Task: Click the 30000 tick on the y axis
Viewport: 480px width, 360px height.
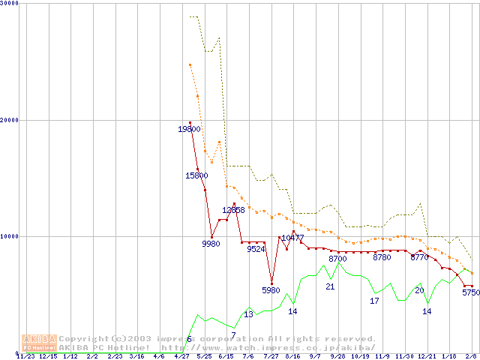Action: [x=10, y=4]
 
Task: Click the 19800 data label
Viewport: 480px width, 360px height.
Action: [x=189, y=130]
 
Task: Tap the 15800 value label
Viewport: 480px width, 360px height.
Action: [x=196, y=175]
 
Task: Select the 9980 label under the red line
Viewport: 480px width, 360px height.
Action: [x=211, y=244]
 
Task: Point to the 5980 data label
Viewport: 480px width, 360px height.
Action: [x=271, y=290]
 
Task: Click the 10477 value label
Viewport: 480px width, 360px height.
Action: [x=292, y=238]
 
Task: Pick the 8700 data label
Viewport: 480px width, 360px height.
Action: [x=337, y=259]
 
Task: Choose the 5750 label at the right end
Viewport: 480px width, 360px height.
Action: [x=470, y=293]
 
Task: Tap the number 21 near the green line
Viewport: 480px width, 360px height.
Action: [x=330, y=286]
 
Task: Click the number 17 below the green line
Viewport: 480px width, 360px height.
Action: [x=374, y=301]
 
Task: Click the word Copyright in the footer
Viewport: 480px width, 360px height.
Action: [x=83, y=338]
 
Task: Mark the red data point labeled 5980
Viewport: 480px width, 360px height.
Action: [x=271, y=283]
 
